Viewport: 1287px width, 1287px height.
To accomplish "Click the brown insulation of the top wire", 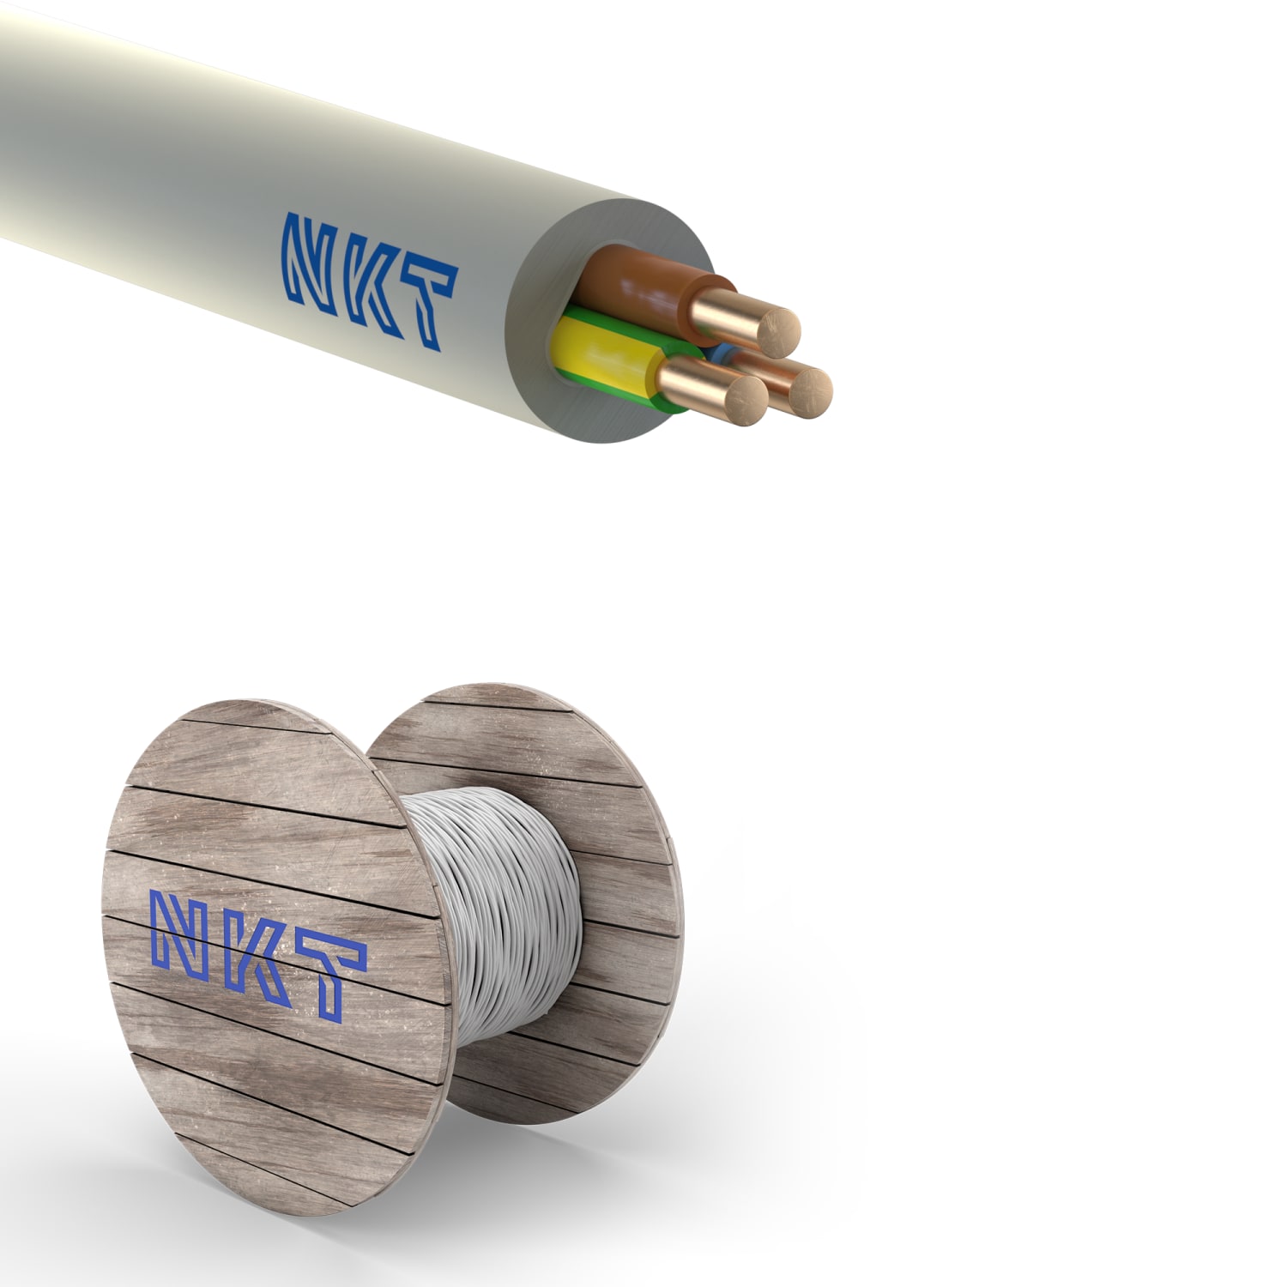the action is click(x=639, y=283).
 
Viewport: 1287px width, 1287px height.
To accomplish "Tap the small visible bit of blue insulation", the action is click(x=717, y=352).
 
